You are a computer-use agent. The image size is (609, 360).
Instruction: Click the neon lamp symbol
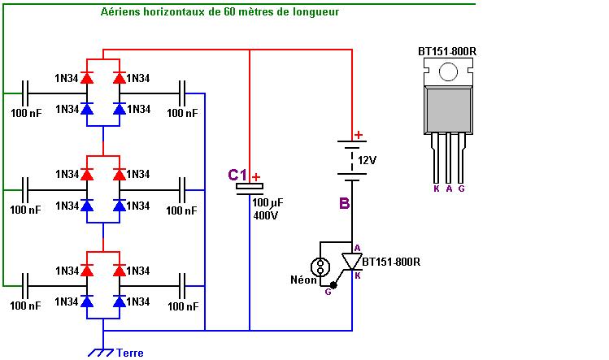coord(320,267)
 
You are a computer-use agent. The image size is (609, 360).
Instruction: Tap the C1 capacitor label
coord(237,176)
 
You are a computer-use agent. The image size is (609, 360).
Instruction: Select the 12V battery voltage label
coord(367,160)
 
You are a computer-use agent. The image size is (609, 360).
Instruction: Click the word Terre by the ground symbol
coord(130,353)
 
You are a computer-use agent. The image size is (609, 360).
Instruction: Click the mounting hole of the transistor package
coord(448,72)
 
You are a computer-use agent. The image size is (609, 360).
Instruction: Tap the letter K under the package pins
coord(436,189)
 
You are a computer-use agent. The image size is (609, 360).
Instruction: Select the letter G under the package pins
coord(461,189)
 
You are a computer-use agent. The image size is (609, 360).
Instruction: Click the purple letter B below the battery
coord(345,203)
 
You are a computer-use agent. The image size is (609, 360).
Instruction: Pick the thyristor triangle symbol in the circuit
coord(352,262)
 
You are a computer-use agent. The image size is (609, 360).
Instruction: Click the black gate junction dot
coord(333,285)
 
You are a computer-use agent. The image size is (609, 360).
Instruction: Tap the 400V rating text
coord(266,215)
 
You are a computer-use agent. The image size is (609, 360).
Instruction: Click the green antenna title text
coord(220,11)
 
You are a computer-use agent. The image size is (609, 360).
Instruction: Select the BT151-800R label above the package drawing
coord(447,51)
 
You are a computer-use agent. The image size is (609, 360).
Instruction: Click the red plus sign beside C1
coord(256,177)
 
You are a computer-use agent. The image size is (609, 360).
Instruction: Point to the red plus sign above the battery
coord(359,135)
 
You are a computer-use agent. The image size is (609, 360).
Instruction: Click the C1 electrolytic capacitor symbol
coord(250,189)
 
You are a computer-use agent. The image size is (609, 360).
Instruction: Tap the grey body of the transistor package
coord(448,111)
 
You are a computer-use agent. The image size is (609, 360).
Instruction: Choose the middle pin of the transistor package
coord(449,158)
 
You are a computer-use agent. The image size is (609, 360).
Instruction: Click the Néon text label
coord(303,280)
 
